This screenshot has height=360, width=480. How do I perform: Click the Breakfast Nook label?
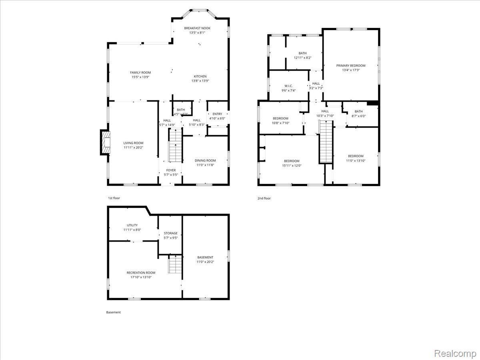coord(197,28)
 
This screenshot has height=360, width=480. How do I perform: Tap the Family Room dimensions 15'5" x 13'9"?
coord(140,77)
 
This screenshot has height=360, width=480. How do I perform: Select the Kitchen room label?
coord(200,76)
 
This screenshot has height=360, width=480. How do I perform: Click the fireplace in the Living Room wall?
coord(105,143)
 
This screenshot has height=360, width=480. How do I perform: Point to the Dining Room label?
coord(206,160)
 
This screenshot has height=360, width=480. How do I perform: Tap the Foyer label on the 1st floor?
coord(171,170)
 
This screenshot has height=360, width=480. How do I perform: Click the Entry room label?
coord(217,114)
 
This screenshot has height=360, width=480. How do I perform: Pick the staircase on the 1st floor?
coord(175,148)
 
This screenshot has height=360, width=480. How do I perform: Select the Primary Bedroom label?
coord(351,66)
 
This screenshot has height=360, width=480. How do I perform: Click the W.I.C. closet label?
coord(288,86)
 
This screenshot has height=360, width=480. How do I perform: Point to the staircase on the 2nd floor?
coord(326,142)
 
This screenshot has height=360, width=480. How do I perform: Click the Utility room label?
coord(132,225)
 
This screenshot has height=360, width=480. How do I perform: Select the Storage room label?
coord(170,233)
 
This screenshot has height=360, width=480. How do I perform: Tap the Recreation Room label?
coord(141,273)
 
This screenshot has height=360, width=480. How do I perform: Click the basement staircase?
coord(175,265)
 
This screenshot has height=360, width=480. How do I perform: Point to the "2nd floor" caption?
coord(264,198)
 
